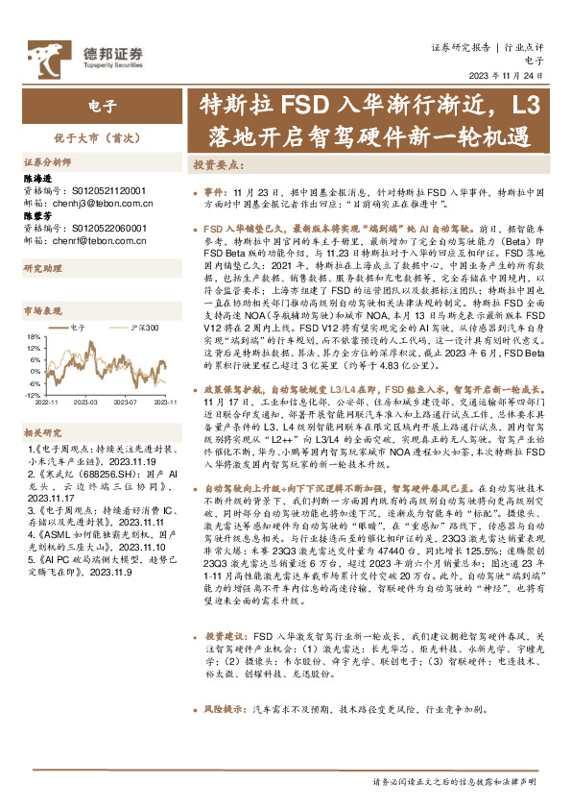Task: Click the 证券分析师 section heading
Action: click(x=47, y=162)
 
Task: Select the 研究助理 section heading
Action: click(x=41, y=268)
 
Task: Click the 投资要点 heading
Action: click(x=217, y=164)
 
